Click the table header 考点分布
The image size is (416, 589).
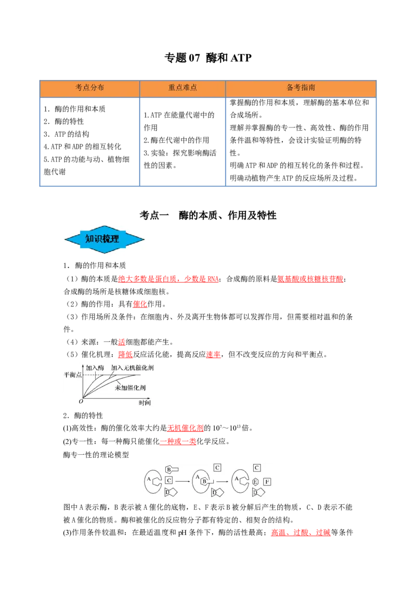pyautogui.click(x=89, y=88)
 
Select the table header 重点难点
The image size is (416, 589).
pyautogui.click(x=183, y=88)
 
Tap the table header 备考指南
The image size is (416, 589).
pyautogui.click(x=301, y=88)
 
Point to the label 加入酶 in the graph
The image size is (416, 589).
pyautogui.click(x=95, y=367)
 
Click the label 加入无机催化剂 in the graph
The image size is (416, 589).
pyautogui.click(x=132, y=367)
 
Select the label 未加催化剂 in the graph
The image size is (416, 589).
pyautogui.click(x=129, y=388)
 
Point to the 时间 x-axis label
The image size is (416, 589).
pyautogui.click(x=145, y=402)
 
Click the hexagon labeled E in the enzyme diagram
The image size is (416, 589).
pyautogui.click(x=255, y=482)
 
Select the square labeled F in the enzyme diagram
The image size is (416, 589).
pyautogui.click(x=267, y=482)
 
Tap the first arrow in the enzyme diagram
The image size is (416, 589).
pyautogui.click(x=182, y=481)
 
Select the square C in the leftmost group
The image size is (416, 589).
pyautogui.click(x=169, y=480)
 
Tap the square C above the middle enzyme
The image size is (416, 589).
pyautogui.click(x=217, y=468)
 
